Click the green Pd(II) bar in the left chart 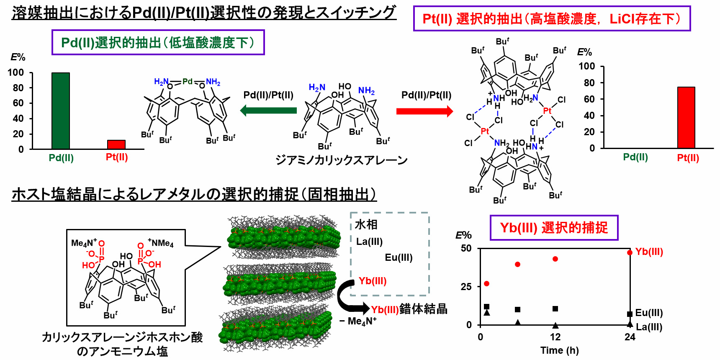point(61,111)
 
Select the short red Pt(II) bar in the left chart point(116,144)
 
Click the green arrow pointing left point(268,111)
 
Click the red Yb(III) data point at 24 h point(630,252)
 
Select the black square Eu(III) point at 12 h point(555,309)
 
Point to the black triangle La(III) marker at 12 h point(555,325)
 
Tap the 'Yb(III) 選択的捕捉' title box point(554,228)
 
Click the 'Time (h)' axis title point(559,350)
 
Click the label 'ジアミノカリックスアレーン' point(341,160)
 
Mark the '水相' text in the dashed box point(366,225)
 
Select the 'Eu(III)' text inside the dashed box point(399,257)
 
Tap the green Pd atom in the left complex point(187,81)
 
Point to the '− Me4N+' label point(358,321)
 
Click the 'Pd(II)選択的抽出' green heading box point(158,42)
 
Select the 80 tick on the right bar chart point(589,83)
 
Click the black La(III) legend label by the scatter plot point(649,327)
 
